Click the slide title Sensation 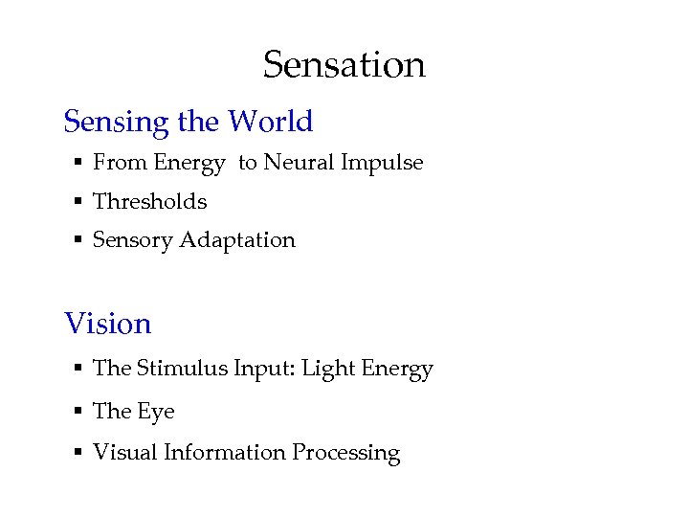tap(344, 65)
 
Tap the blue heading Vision tap(107, 324)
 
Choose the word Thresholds tap(149, 201)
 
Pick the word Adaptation tap(248, 240)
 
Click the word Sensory tap(132, 240)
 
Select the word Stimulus tap(182, 369)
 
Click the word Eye tap(156, 412)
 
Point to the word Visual tap(123, 452)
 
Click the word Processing tap(345, 453)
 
